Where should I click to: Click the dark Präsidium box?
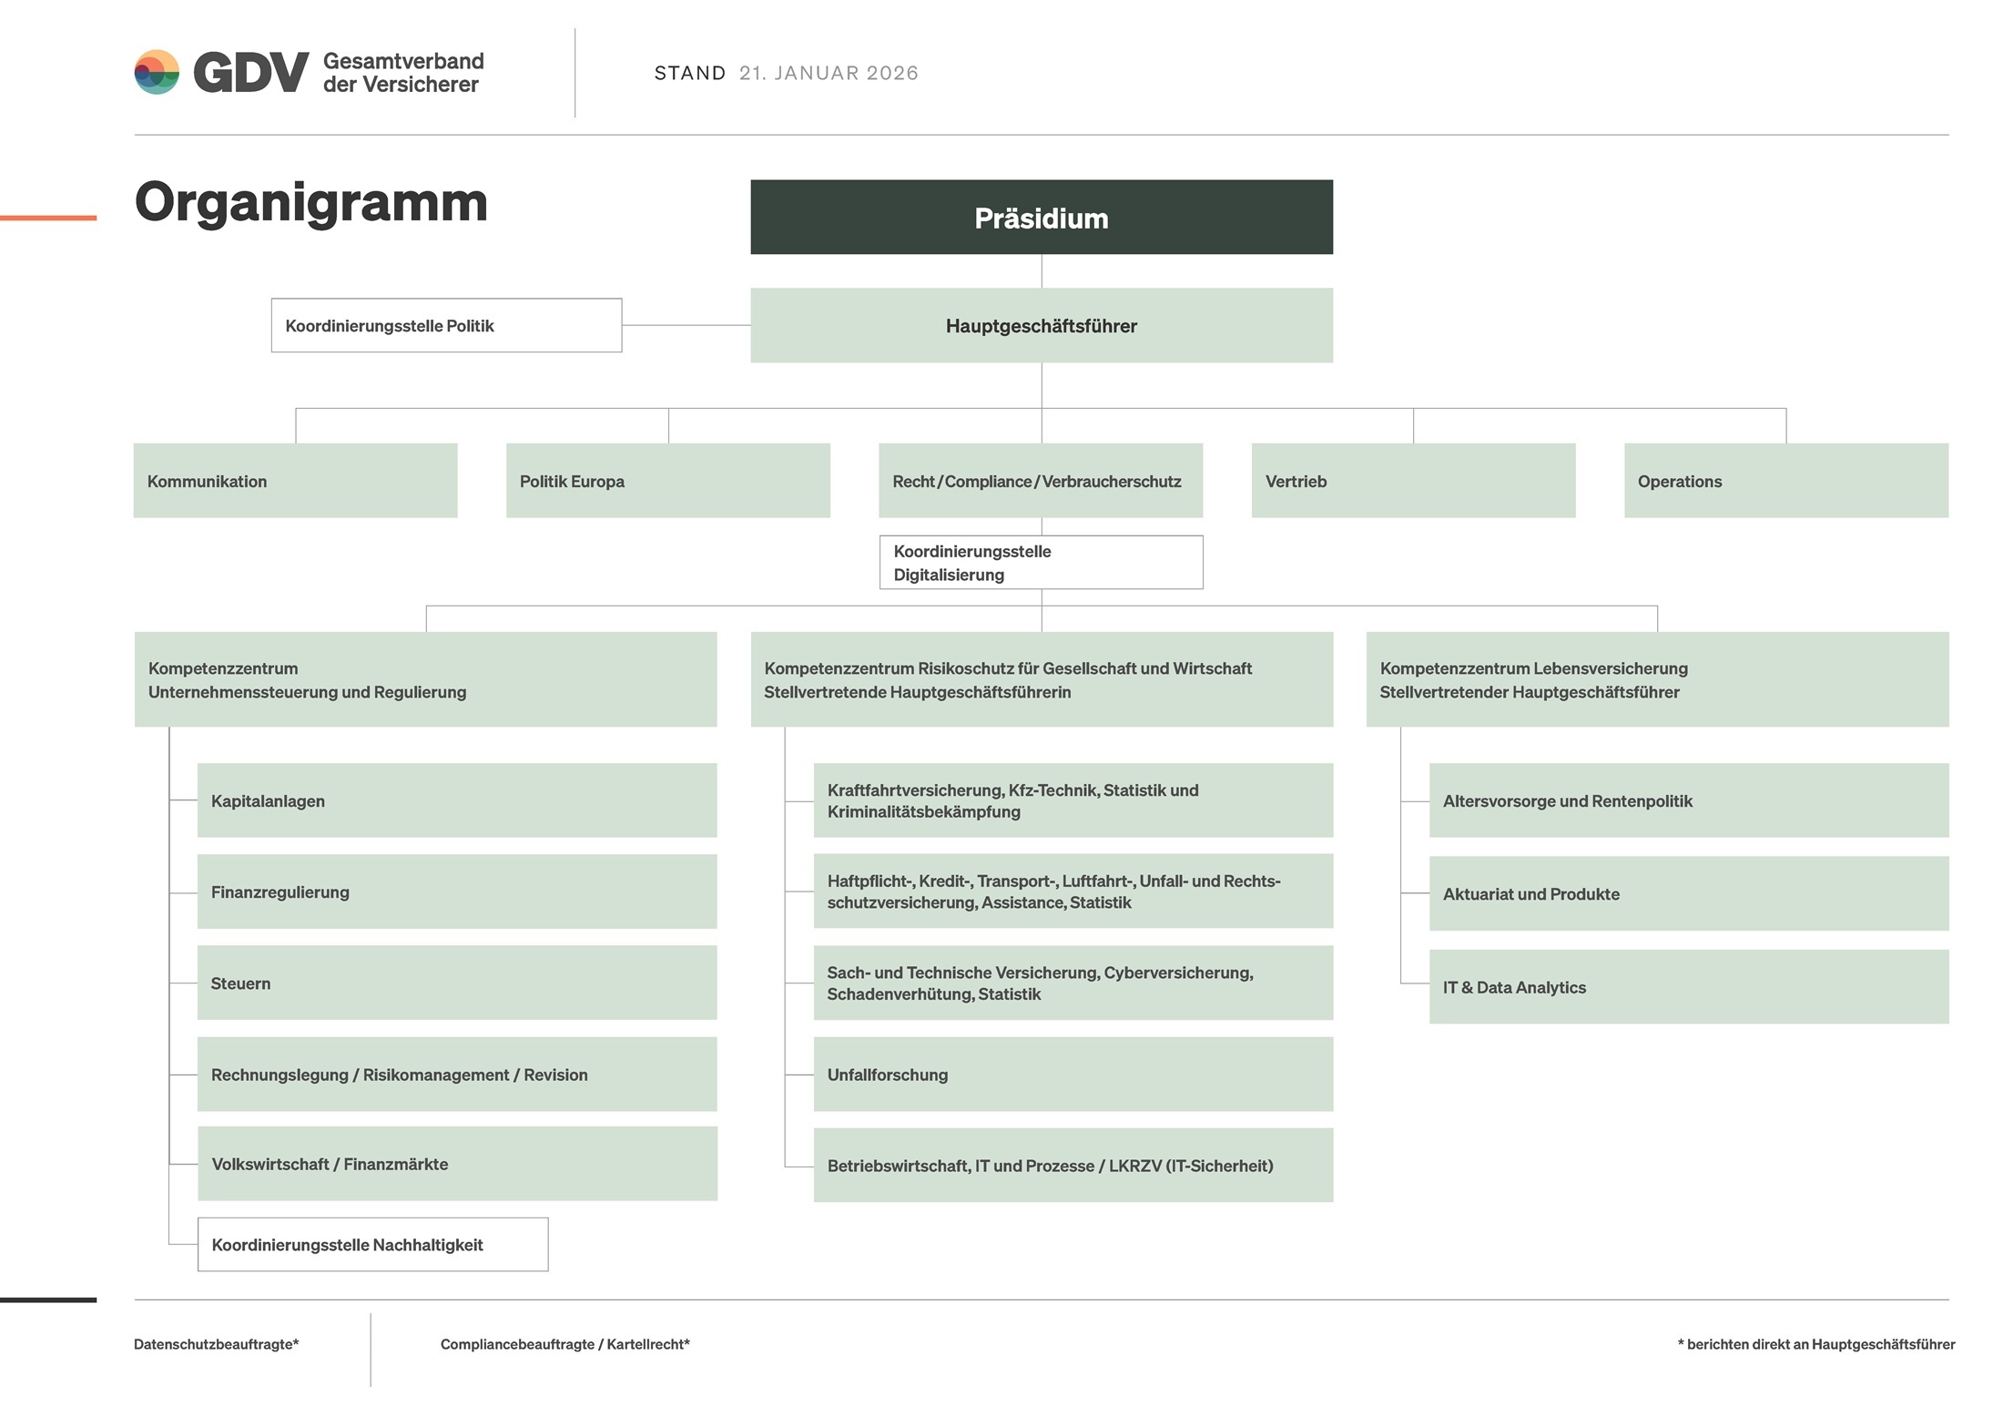pyautogui.click(x=1041, y=217)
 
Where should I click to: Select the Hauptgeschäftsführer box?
pyautogui.click(x=1041, y=325)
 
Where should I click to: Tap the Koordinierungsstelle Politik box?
pyautogui.click(x=446, y=325)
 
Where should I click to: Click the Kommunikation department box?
pyautogui.click(x=295, y=481)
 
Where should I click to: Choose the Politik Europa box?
pyautogui.click(x=667, y=481)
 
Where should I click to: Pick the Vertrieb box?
pyautogui.click(x=1413, y=481)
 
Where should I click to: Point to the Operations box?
pyautogui.click(x=1785, y=481)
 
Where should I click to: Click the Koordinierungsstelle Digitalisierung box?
pyautogui.click(x=1041, y=563)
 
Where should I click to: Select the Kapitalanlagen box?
pyautogui.click(x=457, y=800)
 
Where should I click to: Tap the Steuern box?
pyautogui.click(x=457, y=983)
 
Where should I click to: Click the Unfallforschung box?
pyautogui.click(x=1073, y=1075)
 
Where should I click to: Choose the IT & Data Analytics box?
pyautogui.click(x=1688, y=987)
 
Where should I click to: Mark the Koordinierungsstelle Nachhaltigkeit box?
pyautogui.click(x=372, y=1245)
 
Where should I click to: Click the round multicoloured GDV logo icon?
pyautogui.click(x=157, y=72)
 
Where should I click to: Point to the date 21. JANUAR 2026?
pyautogui.click(x=829, y=73)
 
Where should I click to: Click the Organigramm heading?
pyautogui.click(x=311, y=202)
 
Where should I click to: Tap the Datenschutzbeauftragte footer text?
pyautogui.click(x=217, y=1344)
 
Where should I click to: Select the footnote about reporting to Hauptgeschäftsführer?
pyautogui.click(x=1815, y=1344)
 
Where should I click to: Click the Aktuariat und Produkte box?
pyautogui.click(x=1688, y=893)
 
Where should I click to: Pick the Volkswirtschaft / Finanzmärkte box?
pyautogui.click(x=457, y=1164)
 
